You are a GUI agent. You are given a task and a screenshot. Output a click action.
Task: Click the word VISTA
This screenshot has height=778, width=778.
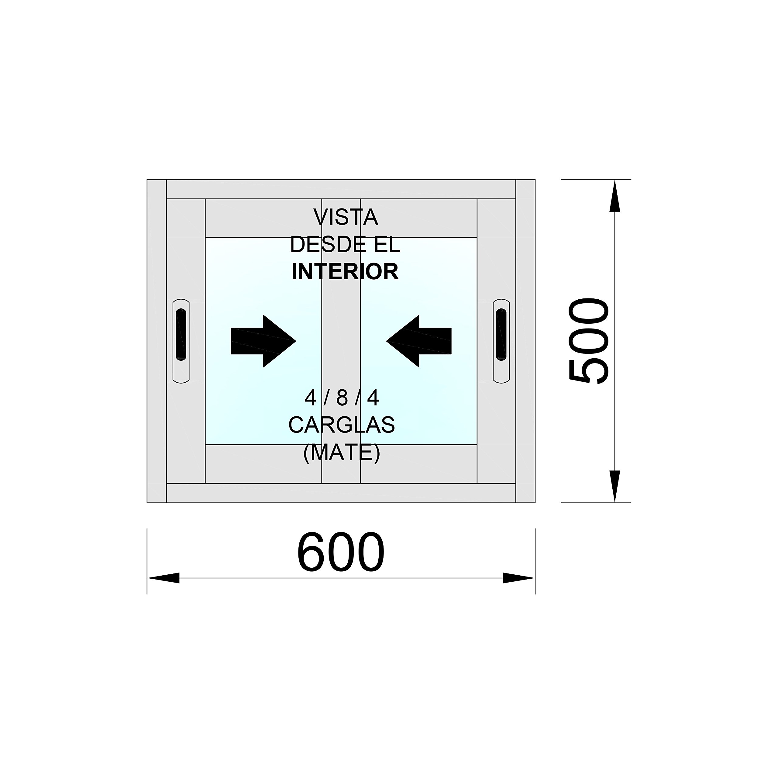(x=346, y=218)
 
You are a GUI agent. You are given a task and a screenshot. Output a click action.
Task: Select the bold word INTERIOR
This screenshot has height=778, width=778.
(x=345, y=272)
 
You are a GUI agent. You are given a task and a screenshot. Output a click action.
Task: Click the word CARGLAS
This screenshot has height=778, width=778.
(x=342, y=425)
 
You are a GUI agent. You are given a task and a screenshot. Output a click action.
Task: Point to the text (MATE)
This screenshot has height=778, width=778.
(x=342, y=453)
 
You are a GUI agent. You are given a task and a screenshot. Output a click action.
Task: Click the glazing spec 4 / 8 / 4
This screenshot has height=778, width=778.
(x=342, y=398)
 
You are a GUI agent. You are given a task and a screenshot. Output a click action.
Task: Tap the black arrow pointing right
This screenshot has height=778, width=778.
(x=263, y=341)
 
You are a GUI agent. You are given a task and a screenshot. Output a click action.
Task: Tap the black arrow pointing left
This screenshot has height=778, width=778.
(x=419, y=341)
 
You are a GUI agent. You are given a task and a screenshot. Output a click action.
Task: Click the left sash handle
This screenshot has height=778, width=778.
(x=181, y=341)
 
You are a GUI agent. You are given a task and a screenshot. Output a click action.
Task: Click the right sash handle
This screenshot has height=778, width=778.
(x=501, y=341)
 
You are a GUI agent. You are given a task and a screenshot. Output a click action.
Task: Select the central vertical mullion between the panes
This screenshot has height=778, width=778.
(x=341, y=341)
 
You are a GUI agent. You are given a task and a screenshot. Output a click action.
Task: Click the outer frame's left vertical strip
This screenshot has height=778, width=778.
(x=157, y=341)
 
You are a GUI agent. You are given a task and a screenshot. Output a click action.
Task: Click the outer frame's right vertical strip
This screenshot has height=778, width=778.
(x=525, y=341)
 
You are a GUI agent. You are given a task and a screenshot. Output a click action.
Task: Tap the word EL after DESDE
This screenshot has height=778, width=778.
(x=384, y=245)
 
